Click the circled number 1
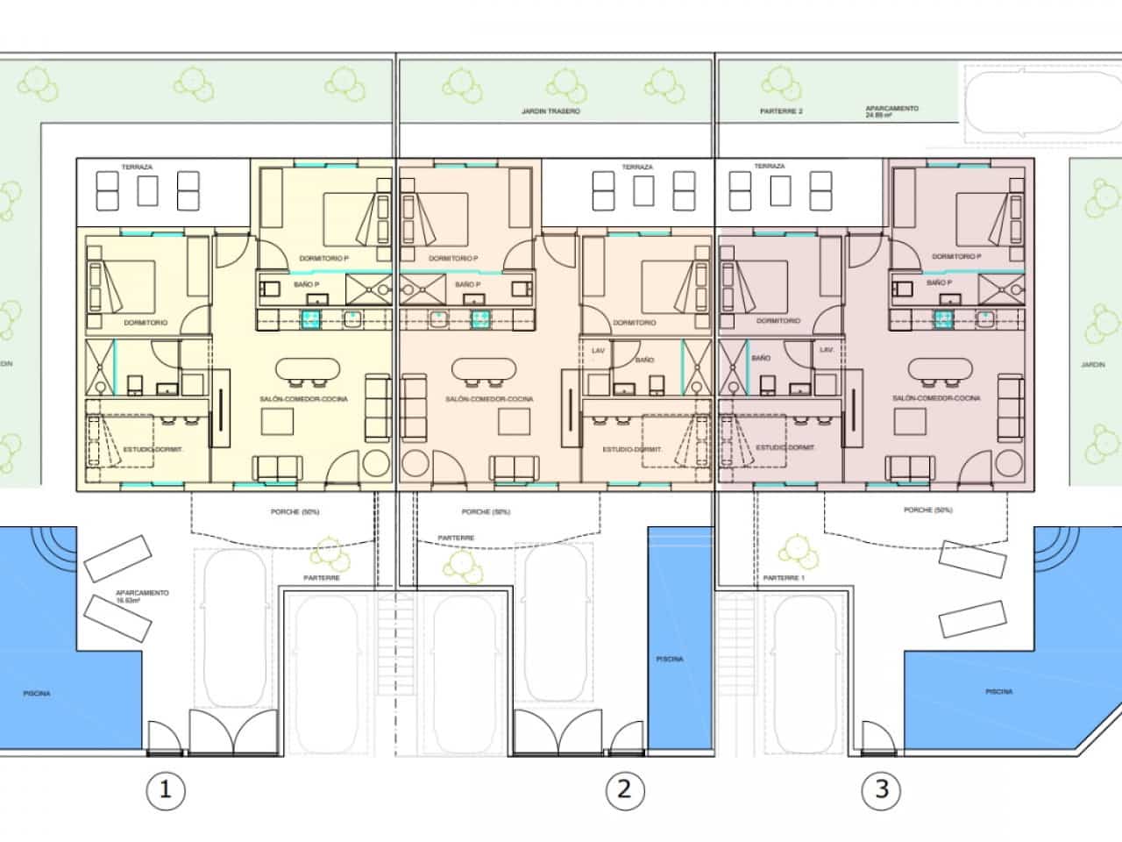pyautogui.click(x=165, y=790)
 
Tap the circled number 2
pyautogui.click(x=625, y=790)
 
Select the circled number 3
pyautogui.click(x=880, y=790)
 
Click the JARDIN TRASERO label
pyautogui.click(x=550, y=112)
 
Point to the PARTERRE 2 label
pyautogui.click(x=781, y=112)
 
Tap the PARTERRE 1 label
pyautogui.click(x=783, y=578)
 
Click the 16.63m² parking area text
pyautogui.click(x=141, y=598)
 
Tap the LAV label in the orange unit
pyautogui.click(x=598, y=350)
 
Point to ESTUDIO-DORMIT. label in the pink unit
pyautogui.click(x=785, y=448)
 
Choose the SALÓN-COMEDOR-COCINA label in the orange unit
pyautogui.click(x=489, y=399)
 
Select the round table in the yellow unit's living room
pyautogui.click(x=376, y=464)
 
